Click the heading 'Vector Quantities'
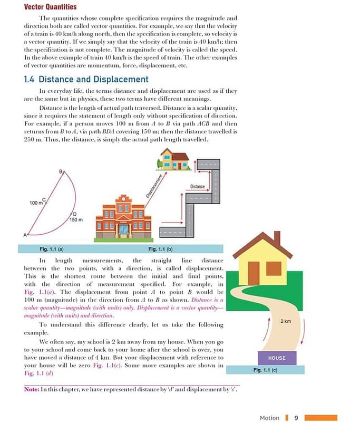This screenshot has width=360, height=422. [50, 7]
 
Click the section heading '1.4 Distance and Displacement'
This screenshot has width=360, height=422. [86, 80]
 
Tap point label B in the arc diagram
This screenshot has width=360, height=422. [61, 172]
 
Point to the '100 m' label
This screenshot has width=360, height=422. [36, 203]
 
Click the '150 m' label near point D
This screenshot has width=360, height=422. [76, 219]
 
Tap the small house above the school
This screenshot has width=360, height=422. [174, 159]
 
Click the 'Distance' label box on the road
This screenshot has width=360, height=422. [197, 186]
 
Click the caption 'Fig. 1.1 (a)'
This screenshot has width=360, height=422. [52, 249]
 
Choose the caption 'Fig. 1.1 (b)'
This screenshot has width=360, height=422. [161, 249]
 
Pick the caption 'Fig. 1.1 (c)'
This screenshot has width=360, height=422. [265, 370]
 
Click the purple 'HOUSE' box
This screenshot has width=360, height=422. [277, 358]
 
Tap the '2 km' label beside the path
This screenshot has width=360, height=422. [286, 321]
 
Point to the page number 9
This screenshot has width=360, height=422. [296, 418]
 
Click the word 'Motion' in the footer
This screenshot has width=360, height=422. [269, 418]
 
